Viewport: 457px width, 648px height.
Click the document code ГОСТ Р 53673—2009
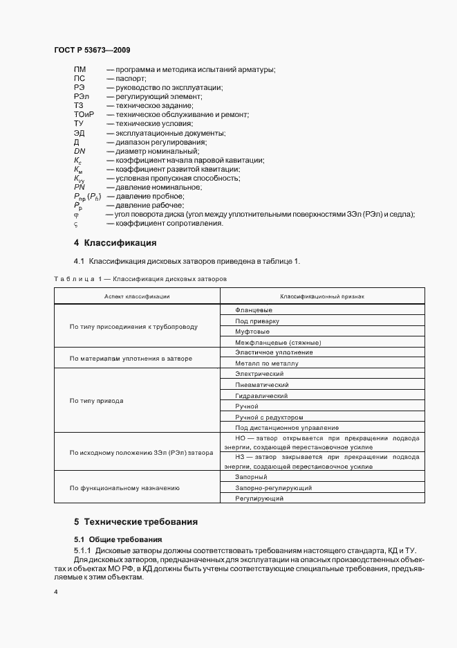91,51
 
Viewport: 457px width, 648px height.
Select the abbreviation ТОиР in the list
84,114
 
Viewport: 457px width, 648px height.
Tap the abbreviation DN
79,151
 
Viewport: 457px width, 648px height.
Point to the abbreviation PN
79,187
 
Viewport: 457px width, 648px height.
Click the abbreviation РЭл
81,96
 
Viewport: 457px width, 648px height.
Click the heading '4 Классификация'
115,243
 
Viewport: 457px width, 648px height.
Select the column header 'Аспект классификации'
137,296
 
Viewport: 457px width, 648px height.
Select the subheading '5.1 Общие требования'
118,538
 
